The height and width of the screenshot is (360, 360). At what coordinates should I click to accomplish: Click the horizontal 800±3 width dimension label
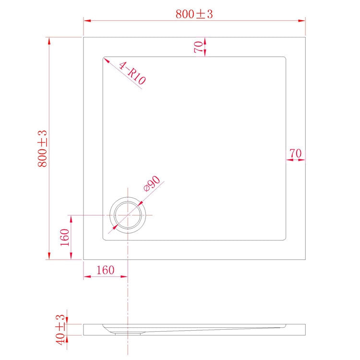click(x=194, y=14)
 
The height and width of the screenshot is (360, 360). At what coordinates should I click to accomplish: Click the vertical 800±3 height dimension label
click(x=43, y=148)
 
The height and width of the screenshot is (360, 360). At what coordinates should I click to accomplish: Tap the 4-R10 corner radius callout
click(x=132, y=73)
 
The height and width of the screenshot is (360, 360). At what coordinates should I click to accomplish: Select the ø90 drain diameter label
click(x=151, y=184)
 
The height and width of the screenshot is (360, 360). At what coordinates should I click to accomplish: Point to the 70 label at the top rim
click(x=198, y=47)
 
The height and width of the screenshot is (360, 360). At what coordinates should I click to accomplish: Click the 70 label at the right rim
click(x=295, y=154)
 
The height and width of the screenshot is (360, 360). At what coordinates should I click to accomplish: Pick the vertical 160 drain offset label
click(x=65, y=237)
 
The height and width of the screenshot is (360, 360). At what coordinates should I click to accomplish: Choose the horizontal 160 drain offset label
click(x=105, y=270)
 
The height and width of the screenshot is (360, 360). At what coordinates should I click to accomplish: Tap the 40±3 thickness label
click(x=60, y=329)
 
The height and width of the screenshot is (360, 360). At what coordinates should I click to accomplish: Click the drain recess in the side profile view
click(x=128, y=332)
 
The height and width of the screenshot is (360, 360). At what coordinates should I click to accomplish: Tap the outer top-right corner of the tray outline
click(x=305, y=37)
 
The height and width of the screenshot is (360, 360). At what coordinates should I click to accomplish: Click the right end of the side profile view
click(x=305, y=329)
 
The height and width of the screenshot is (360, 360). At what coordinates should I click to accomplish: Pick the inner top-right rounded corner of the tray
click(x=285, y=59)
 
